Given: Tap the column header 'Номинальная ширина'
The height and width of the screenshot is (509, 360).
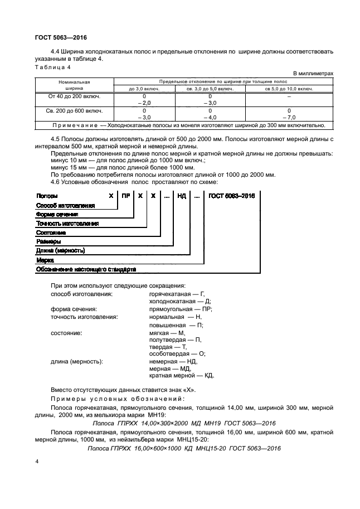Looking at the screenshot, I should [x=74, y=85].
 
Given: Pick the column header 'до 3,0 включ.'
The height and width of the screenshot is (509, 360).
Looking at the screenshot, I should [x=144, y=88].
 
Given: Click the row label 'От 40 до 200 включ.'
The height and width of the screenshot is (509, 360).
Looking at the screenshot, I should [x=74, y=96].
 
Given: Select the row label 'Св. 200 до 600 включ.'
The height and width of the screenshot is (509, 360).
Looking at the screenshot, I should [x=74, y=110].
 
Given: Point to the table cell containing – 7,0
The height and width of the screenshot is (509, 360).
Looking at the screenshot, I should [x=289, y=118].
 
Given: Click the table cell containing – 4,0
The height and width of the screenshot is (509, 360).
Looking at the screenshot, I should [x=210, y=118].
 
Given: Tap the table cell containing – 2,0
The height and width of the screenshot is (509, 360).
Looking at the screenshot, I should [x=144, y=103].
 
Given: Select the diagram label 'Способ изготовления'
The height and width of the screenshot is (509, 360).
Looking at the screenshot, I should [x=65, y=205].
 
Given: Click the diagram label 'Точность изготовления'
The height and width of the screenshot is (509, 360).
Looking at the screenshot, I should [x=67, y=223].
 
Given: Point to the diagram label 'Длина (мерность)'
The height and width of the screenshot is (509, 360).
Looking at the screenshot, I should [x=60, y=250].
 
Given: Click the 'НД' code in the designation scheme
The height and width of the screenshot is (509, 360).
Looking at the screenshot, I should [x=182, y=196].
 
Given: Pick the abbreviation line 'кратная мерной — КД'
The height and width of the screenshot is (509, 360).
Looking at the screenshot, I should [x=181, y=376].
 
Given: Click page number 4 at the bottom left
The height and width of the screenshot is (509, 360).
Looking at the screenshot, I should [x=37, y=462].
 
